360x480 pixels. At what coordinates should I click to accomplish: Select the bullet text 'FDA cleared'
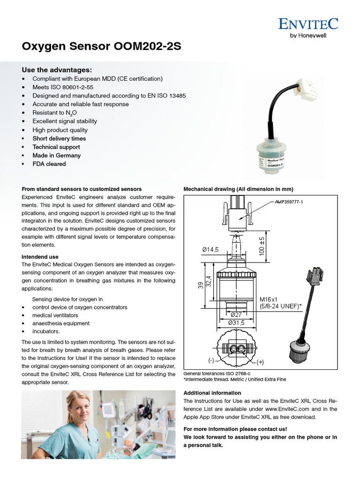click(x=49, y=164)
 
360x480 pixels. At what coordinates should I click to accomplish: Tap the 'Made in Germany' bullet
click(x=56, y=156)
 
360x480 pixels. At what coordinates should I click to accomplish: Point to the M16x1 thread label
click(x=269, y=298)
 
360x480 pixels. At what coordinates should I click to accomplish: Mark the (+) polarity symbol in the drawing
click(x=260, y=362)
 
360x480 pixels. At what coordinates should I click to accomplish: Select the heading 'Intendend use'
click(x=40, y=257)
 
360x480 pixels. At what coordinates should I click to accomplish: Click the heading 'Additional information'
click(x=212, y=393)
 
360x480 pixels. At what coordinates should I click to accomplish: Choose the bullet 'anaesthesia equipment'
click(x=61, y=323)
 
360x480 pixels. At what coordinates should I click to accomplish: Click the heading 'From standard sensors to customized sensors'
click(x=82, y=189)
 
